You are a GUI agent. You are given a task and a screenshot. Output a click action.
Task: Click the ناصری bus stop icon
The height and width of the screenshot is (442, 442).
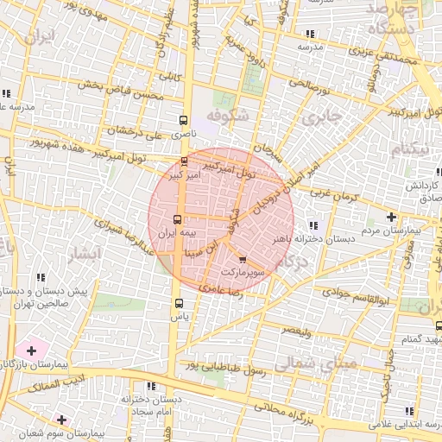pyautogui.click(x=182, y=121)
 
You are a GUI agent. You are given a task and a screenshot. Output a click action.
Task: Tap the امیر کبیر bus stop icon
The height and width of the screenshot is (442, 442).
pyautogui.click(x=184, y=161)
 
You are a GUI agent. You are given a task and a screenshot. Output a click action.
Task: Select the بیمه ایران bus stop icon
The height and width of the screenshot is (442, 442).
pyautogui.click(x=177, y=219)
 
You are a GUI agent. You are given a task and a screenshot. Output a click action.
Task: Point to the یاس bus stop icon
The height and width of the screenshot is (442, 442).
pyautogui.click(x=179, y=303)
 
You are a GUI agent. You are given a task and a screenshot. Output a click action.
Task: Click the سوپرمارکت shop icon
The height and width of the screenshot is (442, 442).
pyautogui.click(x=242, y=258)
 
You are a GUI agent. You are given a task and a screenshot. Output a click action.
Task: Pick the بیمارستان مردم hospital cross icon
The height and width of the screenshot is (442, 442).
pyautogui.click(x=393, y=217)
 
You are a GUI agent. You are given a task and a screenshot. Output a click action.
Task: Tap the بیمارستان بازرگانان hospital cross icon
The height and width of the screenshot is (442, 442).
pyautogui.click(x=32, y=350)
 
